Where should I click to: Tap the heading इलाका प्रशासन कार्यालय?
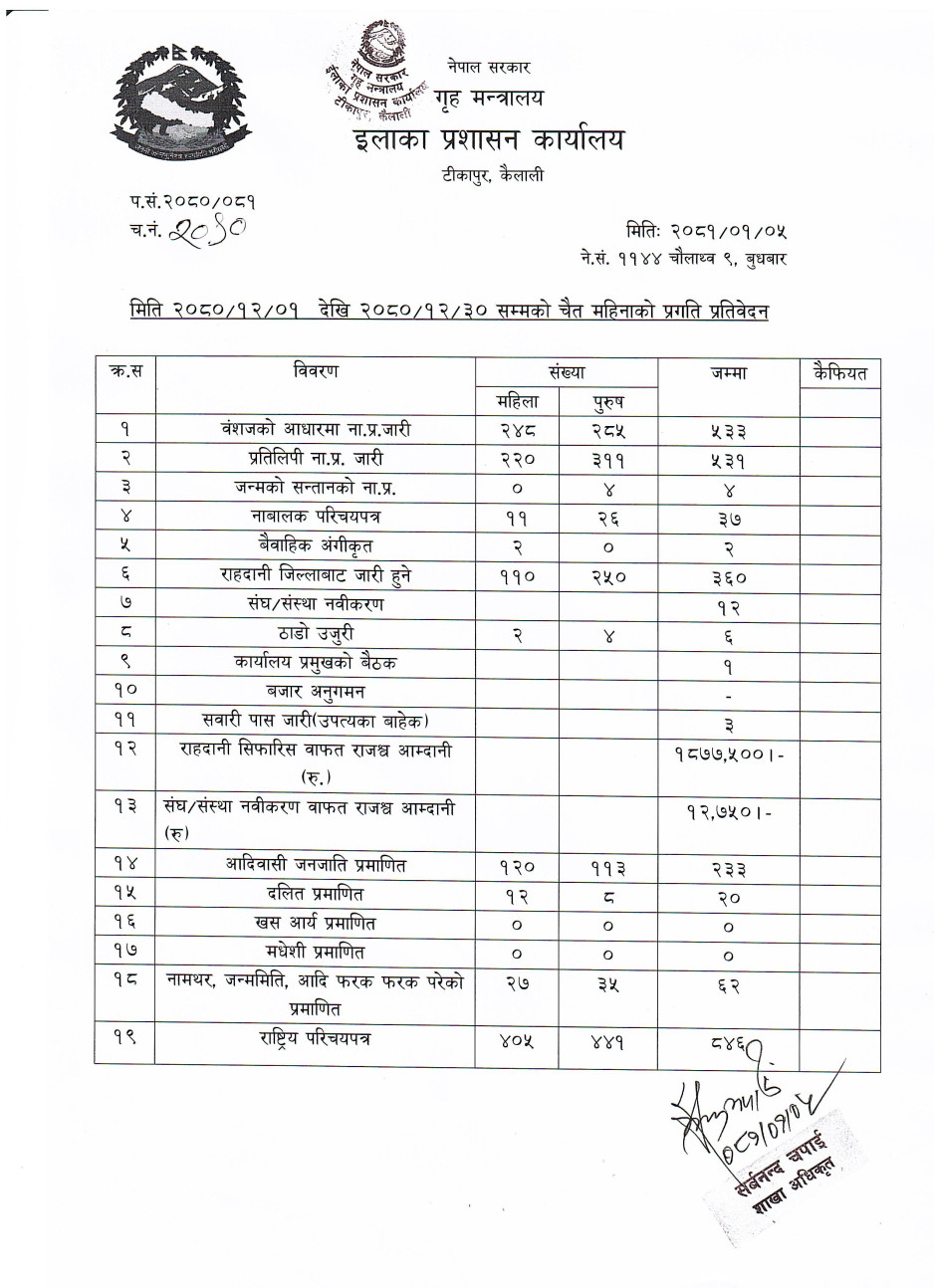488,140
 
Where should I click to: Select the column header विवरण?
316,372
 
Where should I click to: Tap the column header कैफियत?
839,373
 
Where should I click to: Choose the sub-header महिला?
518,401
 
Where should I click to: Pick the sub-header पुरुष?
607,402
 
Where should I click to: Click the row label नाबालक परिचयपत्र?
316,518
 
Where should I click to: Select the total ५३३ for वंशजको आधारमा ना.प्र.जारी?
728,431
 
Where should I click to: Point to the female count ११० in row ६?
518,575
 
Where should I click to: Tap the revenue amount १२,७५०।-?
728,812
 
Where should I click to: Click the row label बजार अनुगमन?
316,691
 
